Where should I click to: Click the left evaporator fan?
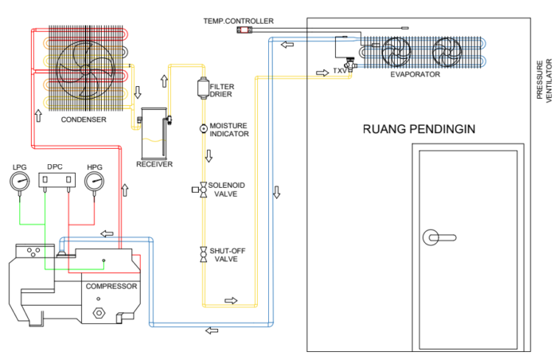click(396, 53)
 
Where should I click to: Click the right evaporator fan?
click(447, 53)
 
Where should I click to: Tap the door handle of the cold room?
click(437, 237)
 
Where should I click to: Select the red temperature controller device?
click(244, 30)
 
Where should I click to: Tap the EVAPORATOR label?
click(415, 74)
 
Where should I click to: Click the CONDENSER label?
click(84, 119)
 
